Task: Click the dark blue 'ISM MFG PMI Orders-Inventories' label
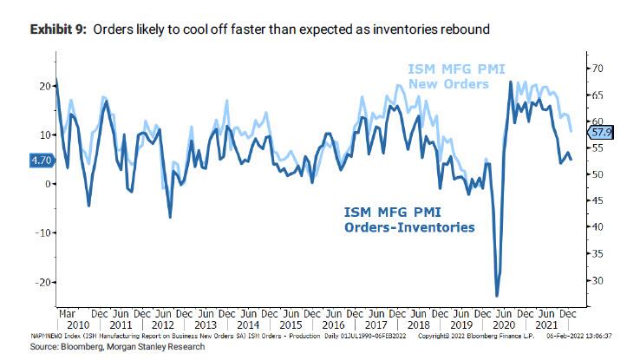[x=409, y=219]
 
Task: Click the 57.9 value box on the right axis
[x=600, y=132]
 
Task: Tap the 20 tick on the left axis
[x=43, y=86]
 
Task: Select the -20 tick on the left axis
[x=41, y=282]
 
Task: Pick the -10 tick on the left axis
[x=41, y=232]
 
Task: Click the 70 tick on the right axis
[x=596, y=68]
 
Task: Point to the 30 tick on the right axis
[x=596, y=280]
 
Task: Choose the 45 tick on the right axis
[x=596, y=200]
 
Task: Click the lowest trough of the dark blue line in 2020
[x=498, y=296]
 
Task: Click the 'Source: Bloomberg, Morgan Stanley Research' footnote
[x=105, y=346]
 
